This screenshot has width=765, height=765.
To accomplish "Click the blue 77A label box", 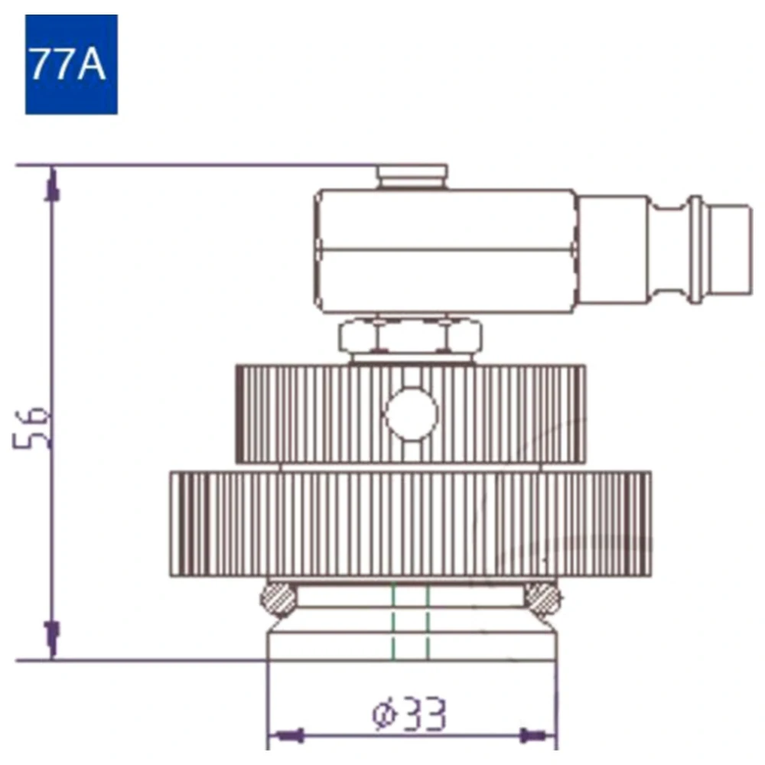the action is (x=71, y=64).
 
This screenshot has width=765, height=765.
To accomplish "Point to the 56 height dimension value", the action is (x=31, y=428).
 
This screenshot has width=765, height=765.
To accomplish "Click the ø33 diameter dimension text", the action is (x=409, y=715).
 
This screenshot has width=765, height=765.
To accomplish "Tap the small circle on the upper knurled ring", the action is (x=412, y=414).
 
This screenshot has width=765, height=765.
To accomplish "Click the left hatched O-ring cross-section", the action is (x=278, y=600).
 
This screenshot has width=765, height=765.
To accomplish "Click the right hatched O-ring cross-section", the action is (x=543, y=599).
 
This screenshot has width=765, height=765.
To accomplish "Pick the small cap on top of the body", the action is (x=412, y=177).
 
